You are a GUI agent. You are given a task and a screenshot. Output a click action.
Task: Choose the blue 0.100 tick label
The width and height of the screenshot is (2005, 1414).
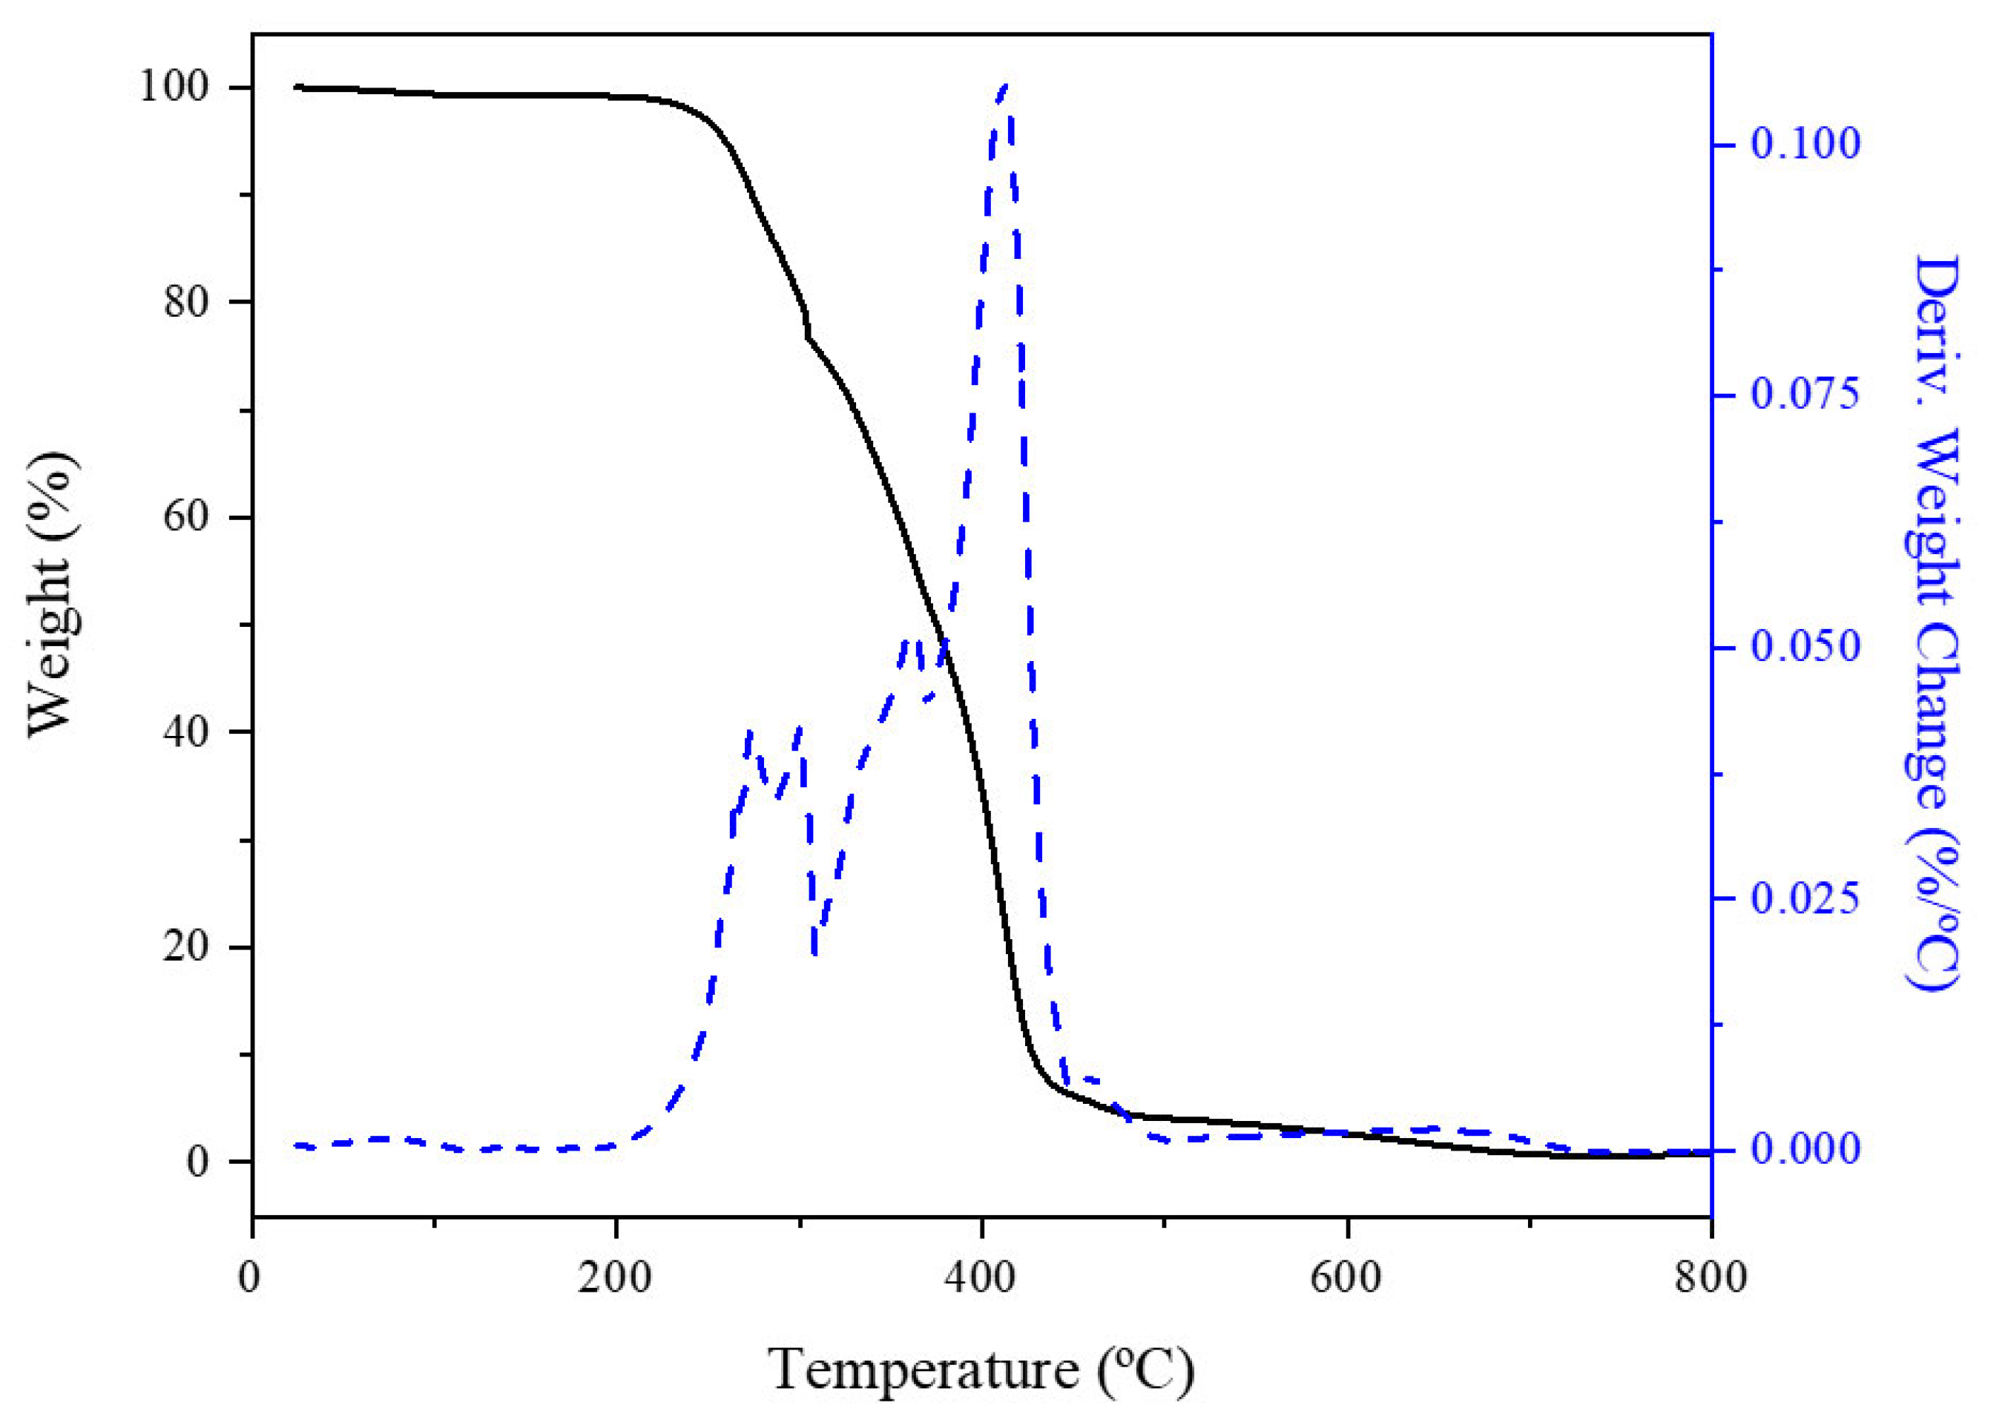[x=1806, y=144]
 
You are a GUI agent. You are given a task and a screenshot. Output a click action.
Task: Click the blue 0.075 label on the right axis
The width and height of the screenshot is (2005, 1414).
[x=1806, y=395]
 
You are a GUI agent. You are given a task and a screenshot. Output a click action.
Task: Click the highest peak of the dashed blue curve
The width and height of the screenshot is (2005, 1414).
[x=1005, y=85]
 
